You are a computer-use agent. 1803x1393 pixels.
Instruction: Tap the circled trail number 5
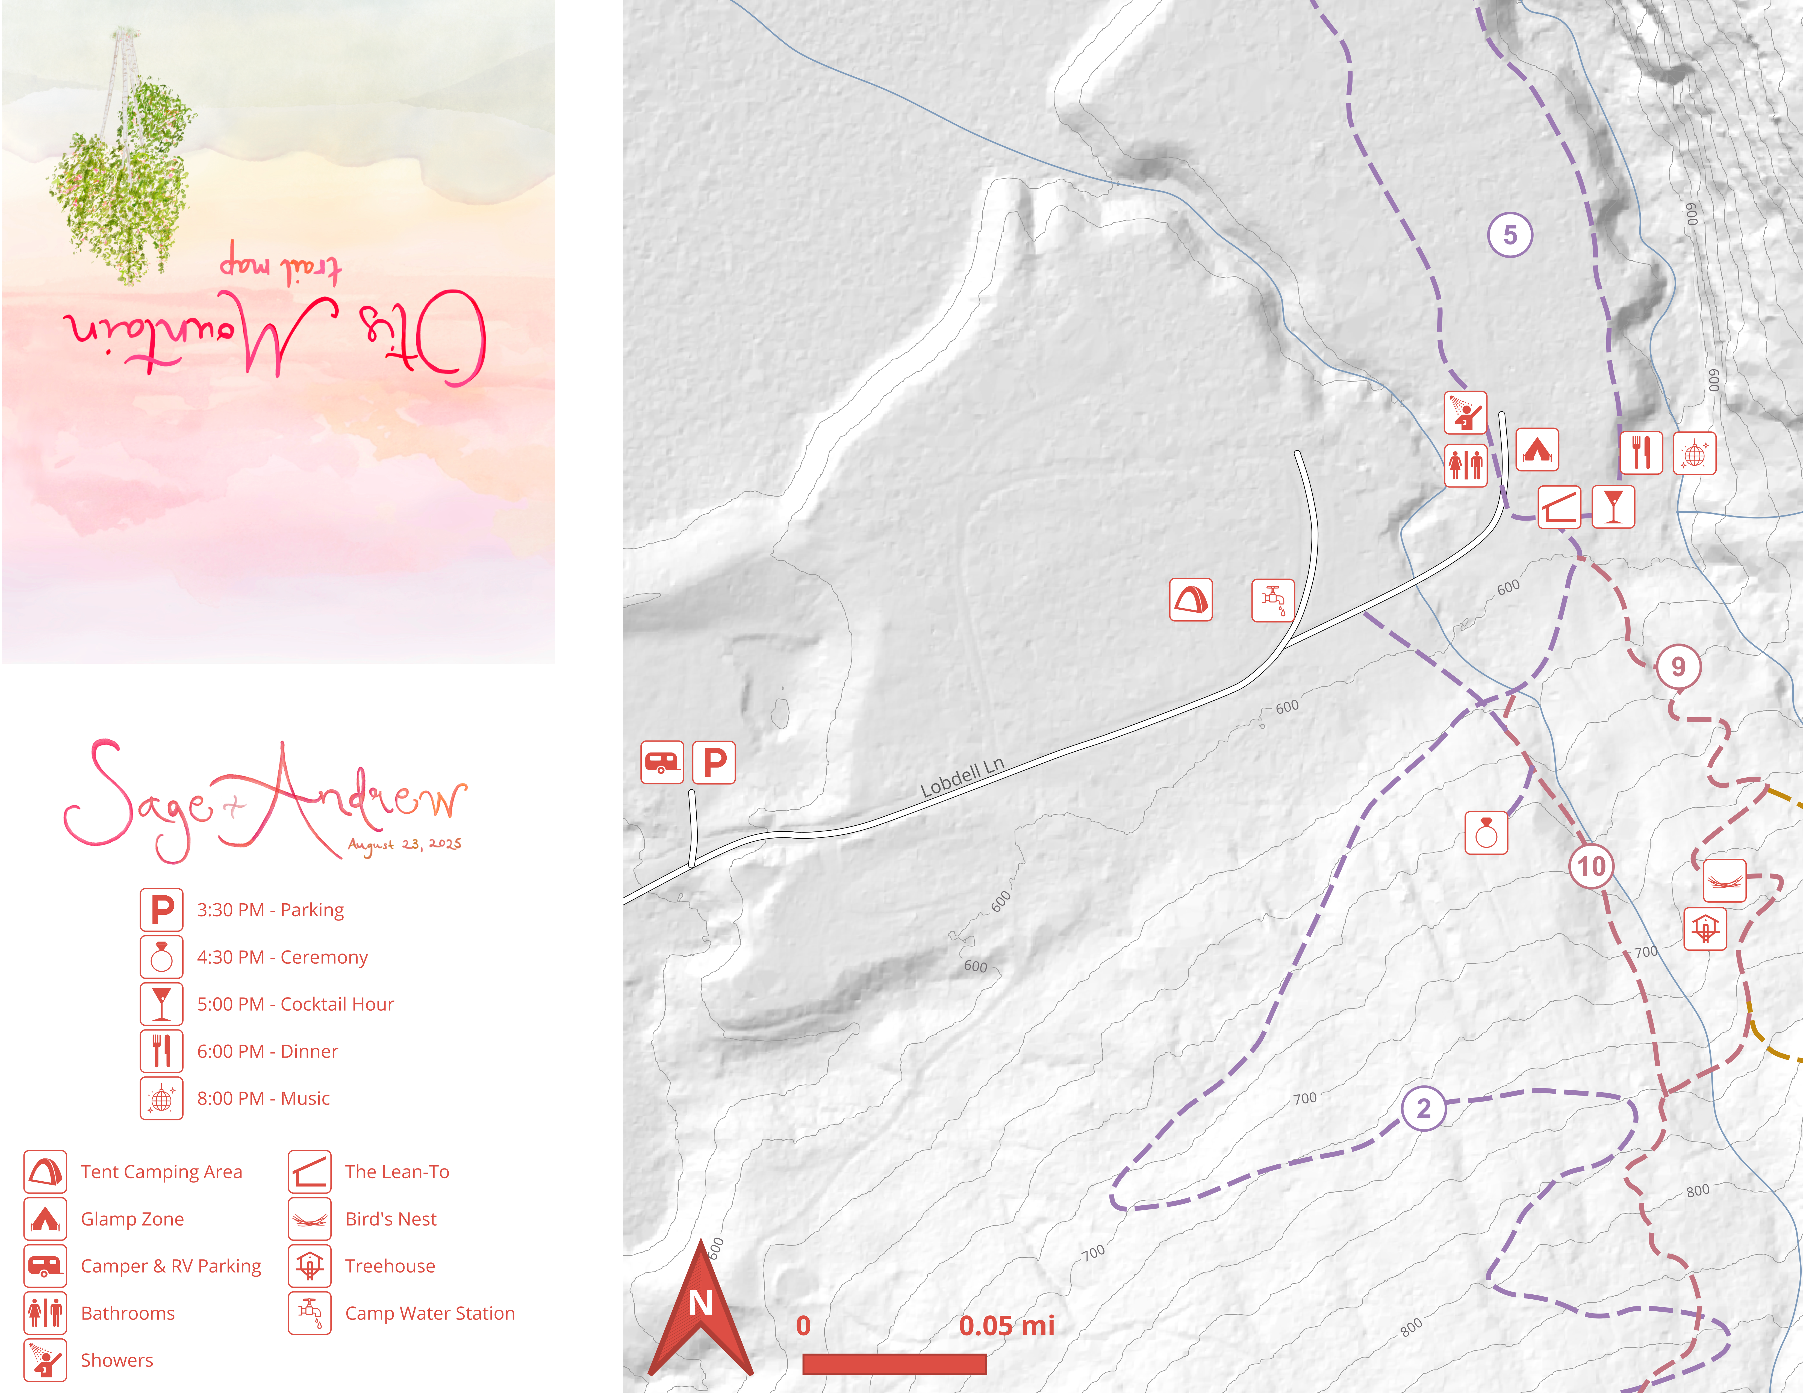point(1510,235)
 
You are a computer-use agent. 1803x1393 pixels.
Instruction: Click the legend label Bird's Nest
point(390,1219)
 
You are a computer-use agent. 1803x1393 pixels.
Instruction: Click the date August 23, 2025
point(405,844)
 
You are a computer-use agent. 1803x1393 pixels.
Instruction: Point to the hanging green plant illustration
point(124,173)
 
